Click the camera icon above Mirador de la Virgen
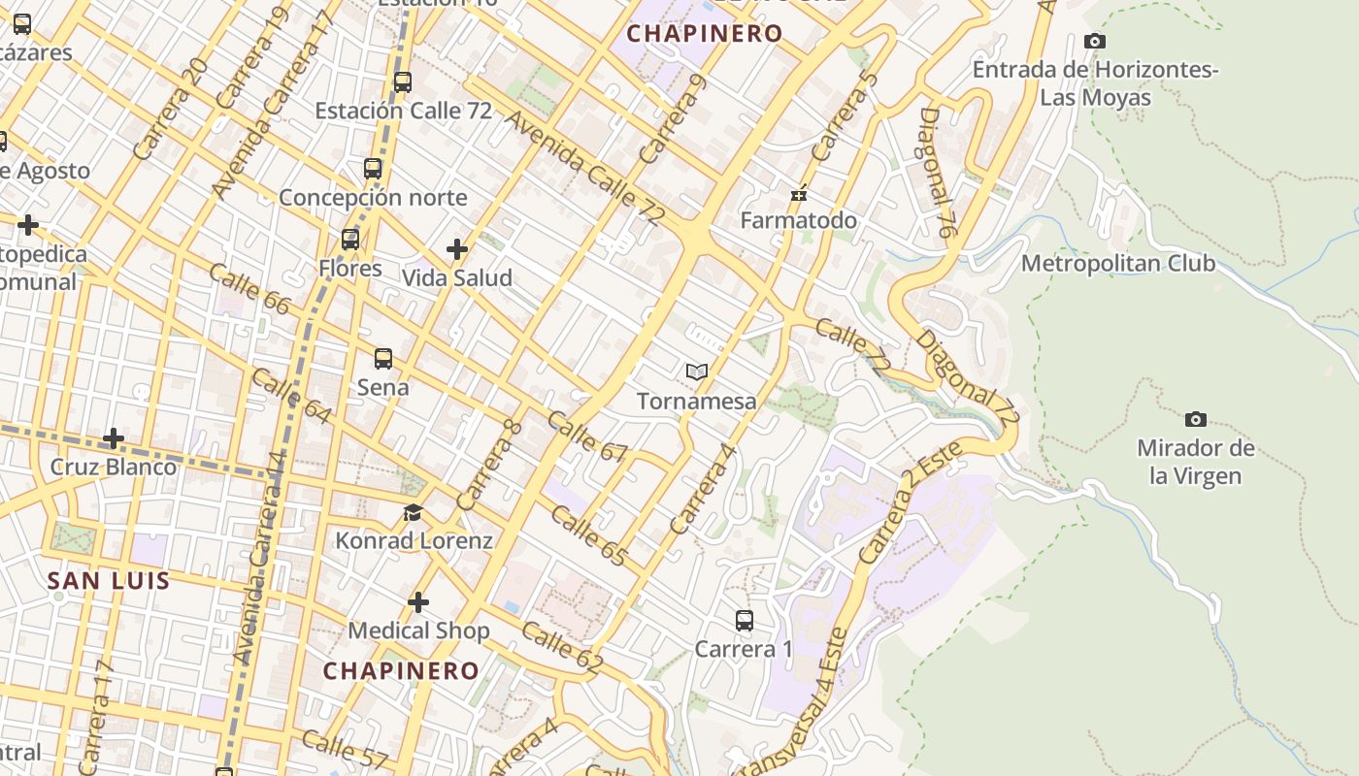coord(1196,419)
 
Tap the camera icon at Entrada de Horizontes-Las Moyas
coord(1094,41)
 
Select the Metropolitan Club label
coord(1117,263)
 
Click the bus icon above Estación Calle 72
coord(403,82)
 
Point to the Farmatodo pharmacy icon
coord(799,194)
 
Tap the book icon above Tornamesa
coord(696,372)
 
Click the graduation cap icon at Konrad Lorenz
coord(414,512)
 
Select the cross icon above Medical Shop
coord(418,602)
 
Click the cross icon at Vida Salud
coord(457,249)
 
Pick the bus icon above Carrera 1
coord(744,621)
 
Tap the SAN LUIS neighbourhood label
coord(109,581)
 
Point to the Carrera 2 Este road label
coord(909,502)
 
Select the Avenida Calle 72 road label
coord(583,168)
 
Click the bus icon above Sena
coord(383,359)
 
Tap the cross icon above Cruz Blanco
coord(114,438)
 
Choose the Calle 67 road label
coord(587,437)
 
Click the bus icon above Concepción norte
coord(373,169)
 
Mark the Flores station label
coord(349,268)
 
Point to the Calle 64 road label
coord(291,396)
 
